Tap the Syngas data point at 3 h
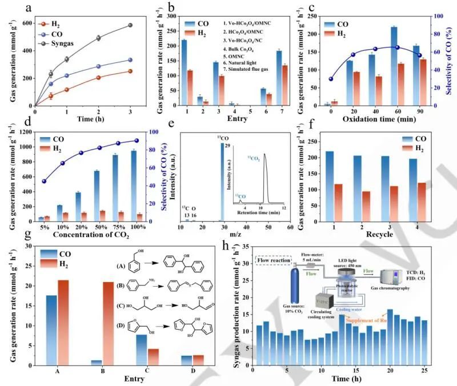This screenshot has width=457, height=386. pyautogui.click(x=130, y=25)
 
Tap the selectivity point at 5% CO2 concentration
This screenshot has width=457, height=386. pyautogui.click(x=44, y=182)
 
